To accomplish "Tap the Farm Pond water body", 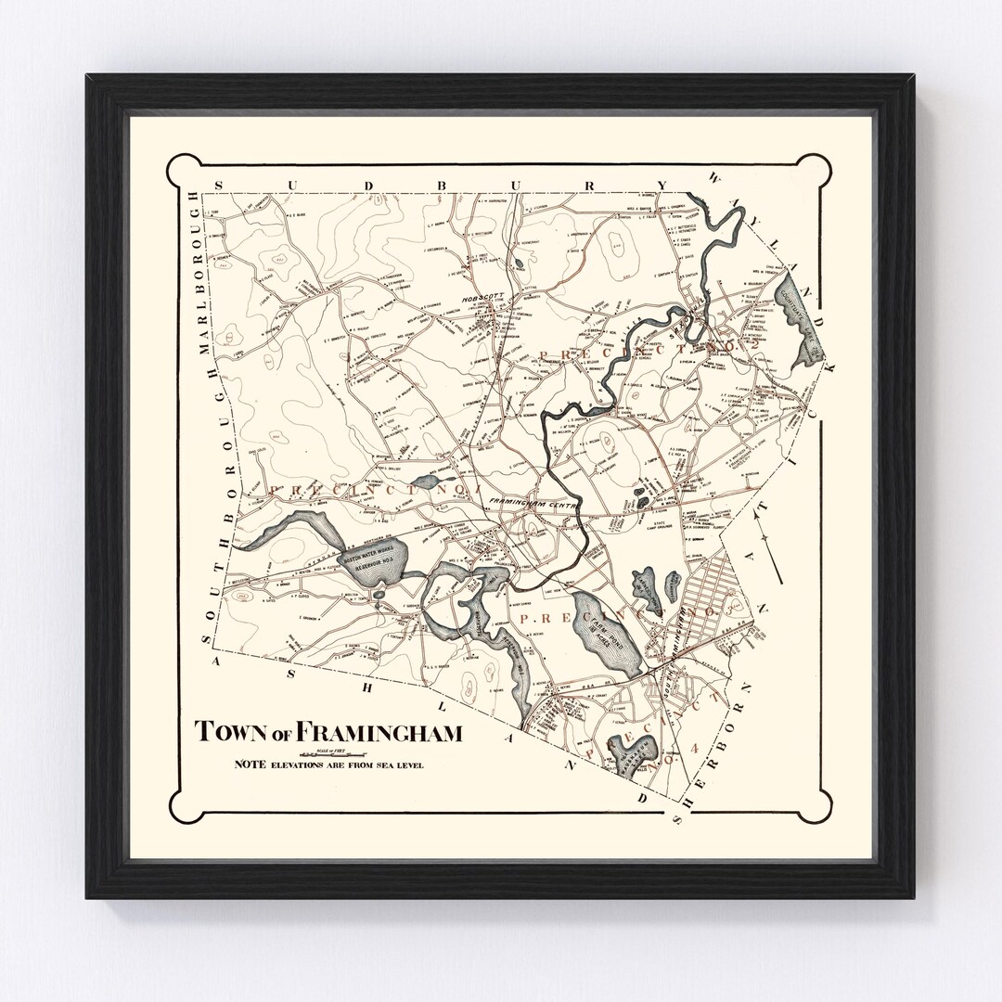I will pyautogui.click(x=608, y=634).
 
